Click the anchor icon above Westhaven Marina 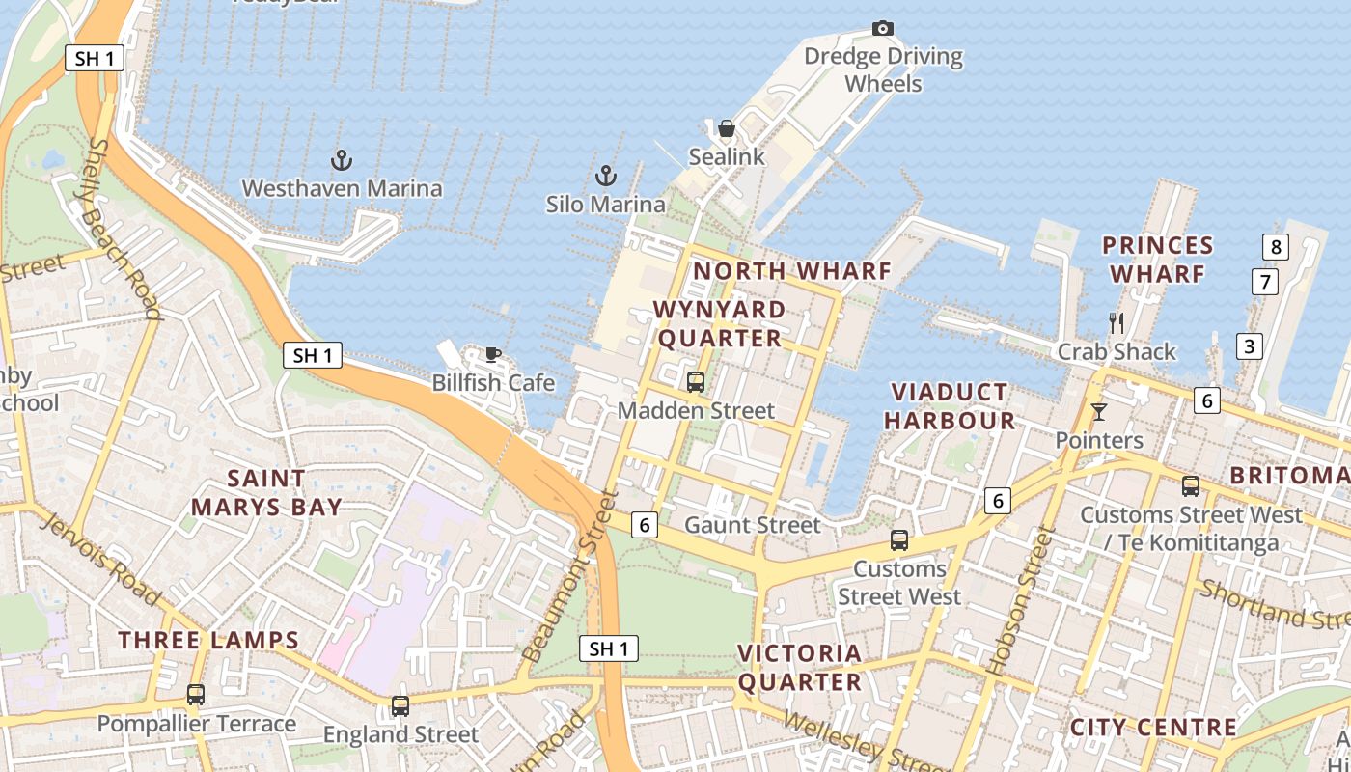tap(341, 159)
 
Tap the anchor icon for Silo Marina tap(605, 176)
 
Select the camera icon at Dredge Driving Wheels tap(882, 28)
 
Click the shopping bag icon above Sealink tap(726, 128)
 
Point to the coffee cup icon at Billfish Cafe tap(493, 354)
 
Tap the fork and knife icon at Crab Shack tap(1117, 322)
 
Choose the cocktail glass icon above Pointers tap(1098, 412)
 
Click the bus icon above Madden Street tap(695, 382)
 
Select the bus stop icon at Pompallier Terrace tap(196, 694)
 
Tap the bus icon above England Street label tap(400, 705)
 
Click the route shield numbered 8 tap(1276, 247)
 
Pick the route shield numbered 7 tap(1264, 282)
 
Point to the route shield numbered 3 tap(1250, 345)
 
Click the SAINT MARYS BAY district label tap(266, 492)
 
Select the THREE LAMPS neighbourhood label tap(208, 640)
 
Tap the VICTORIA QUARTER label tap(800, 668)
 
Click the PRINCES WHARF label tap(1157, 260)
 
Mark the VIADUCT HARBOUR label tap(950, 406)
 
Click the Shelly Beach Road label tap(124, 228)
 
